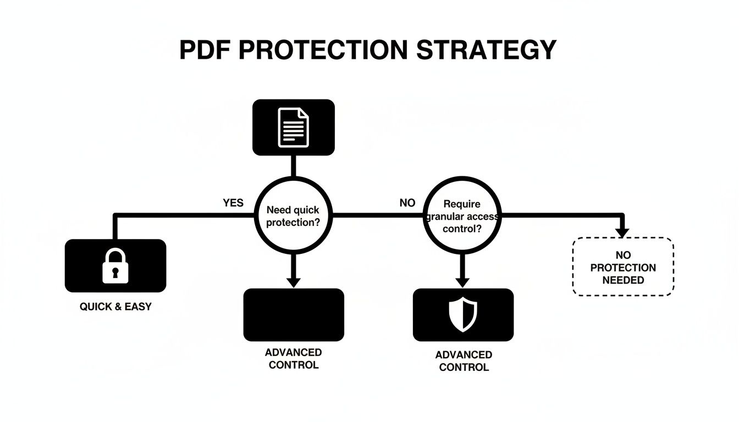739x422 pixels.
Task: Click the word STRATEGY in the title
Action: [x=487, y=50]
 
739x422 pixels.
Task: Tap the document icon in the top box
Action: [x=293, y=127]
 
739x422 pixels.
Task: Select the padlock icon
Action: [x=115, y=266]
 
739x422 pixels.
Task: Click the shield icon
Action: [x=463, y=314]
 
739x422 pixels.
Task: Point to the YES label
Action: [x=233, y=203]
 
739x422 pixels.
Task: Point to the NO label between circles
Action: [x=407, y=203]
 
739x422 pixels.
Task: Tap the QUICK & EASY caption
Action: [x=115, y=307]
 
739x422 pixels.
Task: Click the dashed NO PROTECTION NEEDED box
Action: [x=623, y=267]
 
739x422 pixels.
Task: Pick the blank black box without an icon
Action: [x=294, y=314]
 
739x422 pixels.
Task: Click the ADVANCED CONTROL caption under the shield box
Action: [x=464, y=361]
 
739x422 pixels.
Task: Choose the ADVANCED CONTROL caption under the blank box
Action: [x=294, y=358]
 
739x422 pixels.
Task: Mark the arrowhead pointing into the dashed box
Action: [x=622, y=233]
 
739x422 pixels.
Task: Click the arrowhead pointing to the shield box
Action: [x=463, y=282]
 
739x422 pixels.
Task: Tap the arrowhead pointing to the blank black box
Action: [x=294, y=282]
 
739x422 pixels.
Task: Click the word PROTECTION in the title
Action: [x=323, y=50]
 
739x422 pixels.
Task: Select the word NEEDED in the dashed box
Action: [x=623, y=280]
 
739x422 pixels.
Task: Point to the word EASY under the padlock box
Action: [x=138, y=307]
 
